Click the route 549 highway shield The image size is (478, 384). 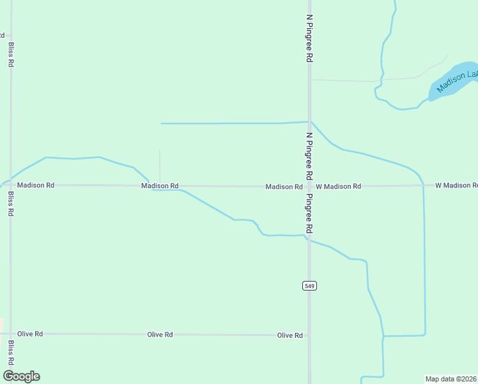coord(309,285)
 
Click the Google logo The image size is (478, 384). coord(21,376)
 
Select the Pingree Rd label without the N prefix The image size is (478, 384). coord(309,213)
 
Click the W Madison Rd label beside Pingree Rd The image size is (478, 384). coord(338,186)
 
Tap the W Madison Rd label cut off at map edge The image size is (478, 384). coord(456,186)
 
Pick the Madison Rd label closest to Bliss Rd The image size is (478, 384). coord(36,185)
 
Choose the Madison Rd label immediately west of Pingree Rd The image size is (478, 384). coord(284,187)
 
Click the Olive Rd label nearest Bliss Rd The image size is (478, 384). coord(30,334)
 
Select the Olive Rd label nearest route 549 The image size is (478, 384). coord(289,335)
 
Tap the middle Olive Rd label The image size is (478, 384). coord(160,335)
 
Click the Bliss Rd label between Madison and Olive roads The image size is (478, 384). coord(11,203)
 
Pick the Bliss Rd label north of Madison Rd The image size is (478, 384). coord(11,55)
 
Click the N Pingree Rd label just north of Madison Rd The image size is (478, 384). coord(309,156)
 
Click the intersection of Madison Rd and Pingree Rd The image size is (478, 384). coord(309,186)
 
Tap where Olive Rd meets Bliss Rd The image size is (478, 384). coord(11,334)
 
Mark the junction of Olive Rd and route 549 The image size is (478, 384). coord(309,335)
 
